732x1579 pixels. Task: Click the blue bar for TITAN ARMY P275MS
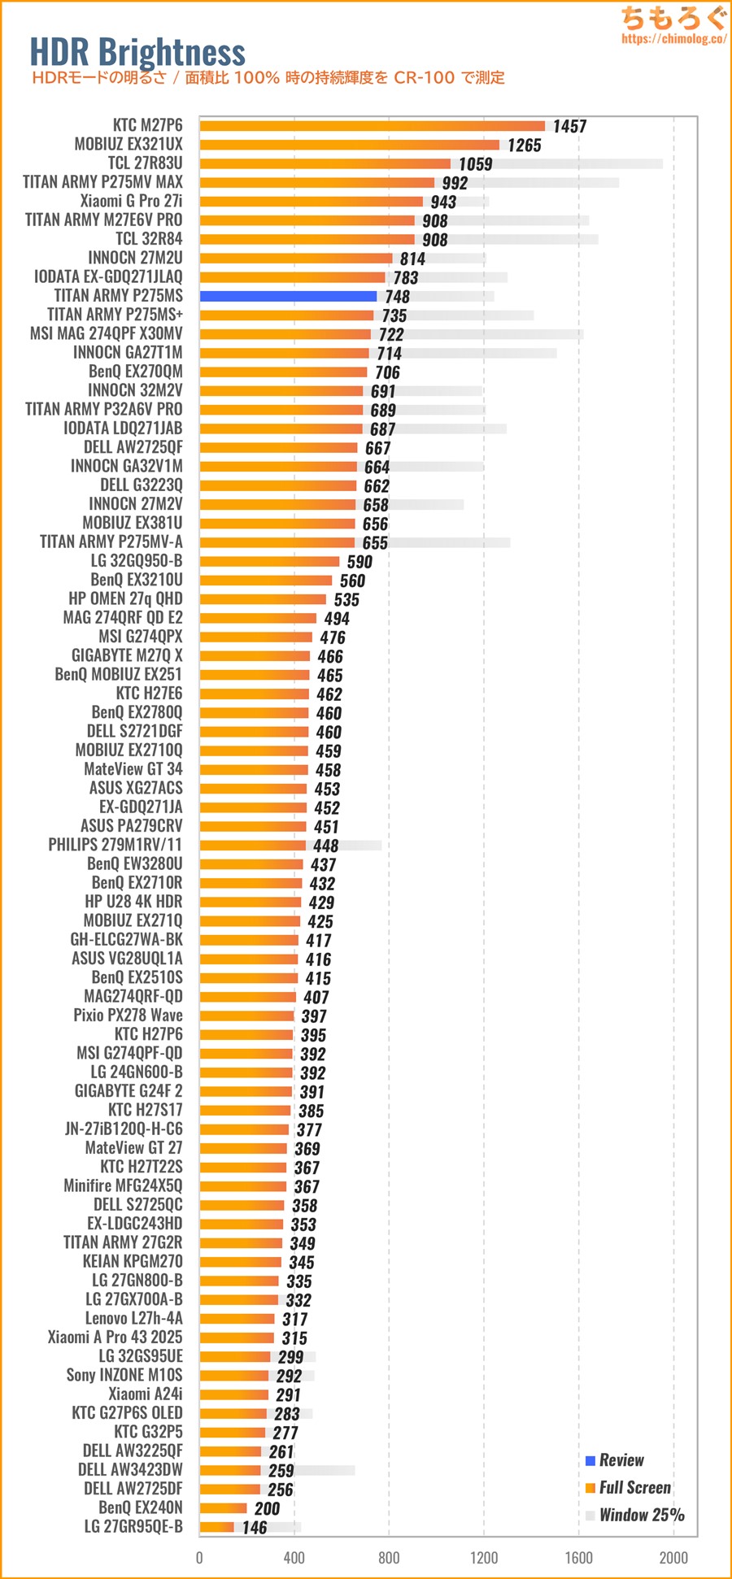point(288,297)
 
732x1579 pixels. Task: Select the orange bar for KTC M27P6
point(372,126)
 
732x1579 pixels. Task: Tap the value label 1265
point(524,146)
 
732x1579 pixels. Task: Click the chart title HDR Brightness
point(137,52)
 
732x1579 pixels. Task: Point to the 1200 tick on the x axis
point(484,1558)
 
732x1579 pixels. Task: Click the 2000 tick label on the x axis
point(673,1558)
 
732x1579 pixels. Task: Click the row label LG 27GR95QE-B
point(133,1526)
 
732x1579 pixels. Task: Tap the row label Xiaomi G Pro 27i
point(131,201)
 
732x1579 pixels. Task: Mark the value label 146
point(255,1528)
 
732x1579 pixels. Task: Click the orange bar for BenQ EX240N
point(223,1508)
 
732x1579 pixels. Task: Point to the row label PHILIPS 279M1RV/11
point(115,845)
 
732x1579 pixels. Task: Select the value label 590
point(359,562)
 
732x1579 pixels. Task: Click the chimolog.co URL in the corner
point(673,38)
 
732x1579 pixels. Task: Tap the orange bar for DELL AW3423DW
point(230,1470)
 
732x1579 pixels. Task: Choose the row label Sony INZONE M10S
point(124,1375)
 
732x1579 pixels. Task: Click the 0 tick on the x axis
point(199,1558)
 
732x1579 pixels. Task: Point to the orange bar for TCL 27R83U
point(325,163)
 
